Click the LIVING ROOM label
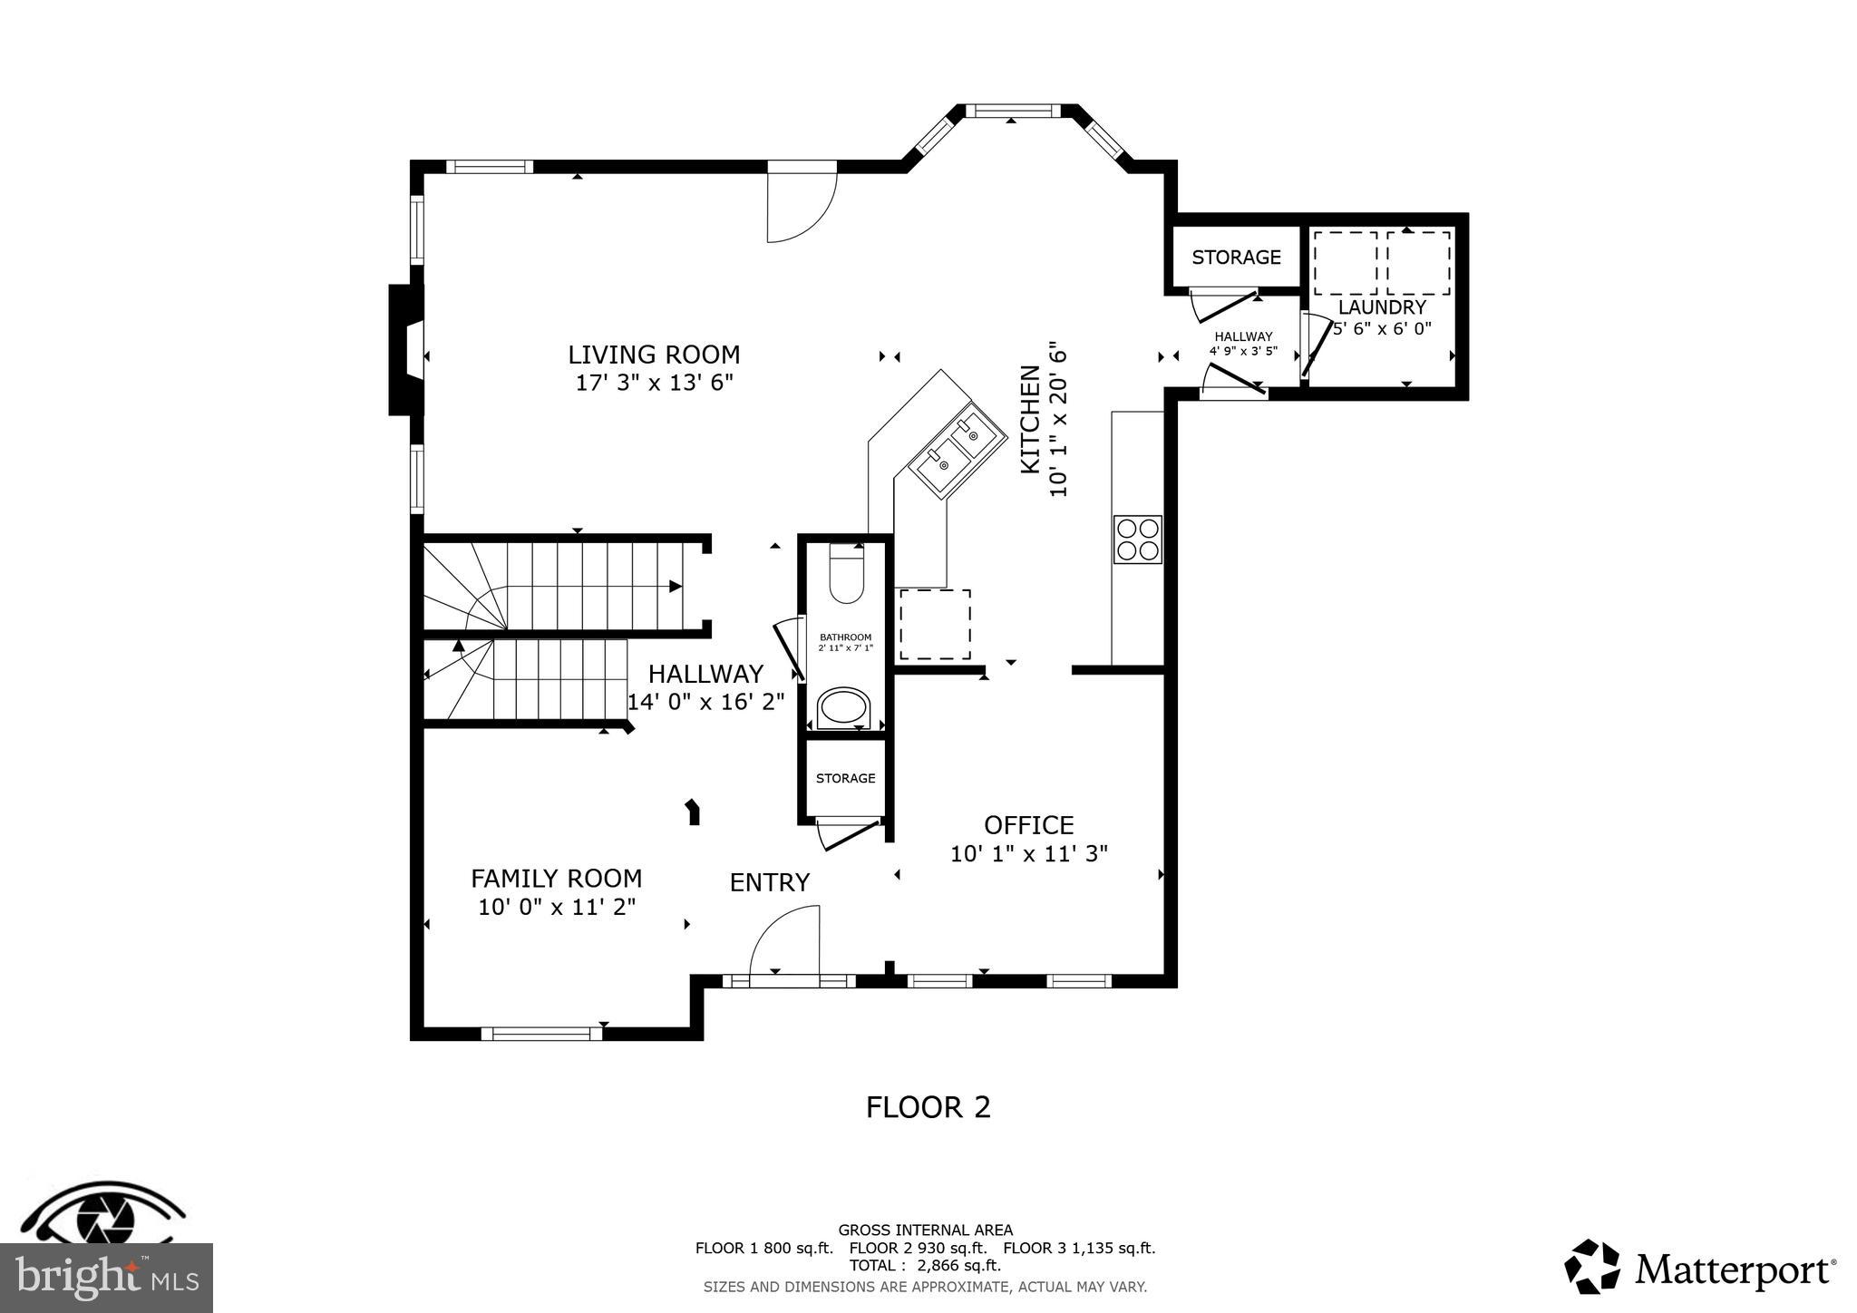click(654, 355)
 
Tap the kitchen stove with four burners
click(1137, 539)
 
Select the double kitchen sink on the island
click(957, 451)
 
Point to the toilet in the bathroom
click(847, 575)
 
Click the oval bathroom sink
click(844, 708)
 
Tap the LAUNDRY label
click(1382, 307)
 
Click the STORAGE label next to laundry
click(1236, 258)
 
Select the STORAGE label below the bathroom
click(845, 778)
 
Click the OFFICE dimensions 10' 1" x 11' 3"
click(1029, 854)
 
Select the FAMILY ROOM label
click(556, 879)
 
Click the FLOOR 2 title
click(928, 1107)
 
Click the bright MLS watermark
click(106, 1278)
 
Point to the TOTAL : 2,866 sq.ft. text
click(925, 1266)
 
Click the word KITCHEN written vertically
click(1031, 419)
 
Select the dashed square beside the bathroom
click(935, 625)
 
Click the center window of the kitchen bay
click(1012, 112)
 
